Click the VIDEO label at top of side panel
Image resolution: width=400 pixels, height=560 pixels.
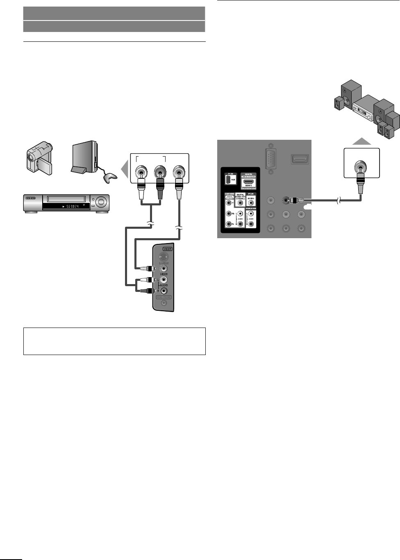coord(167,249)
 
